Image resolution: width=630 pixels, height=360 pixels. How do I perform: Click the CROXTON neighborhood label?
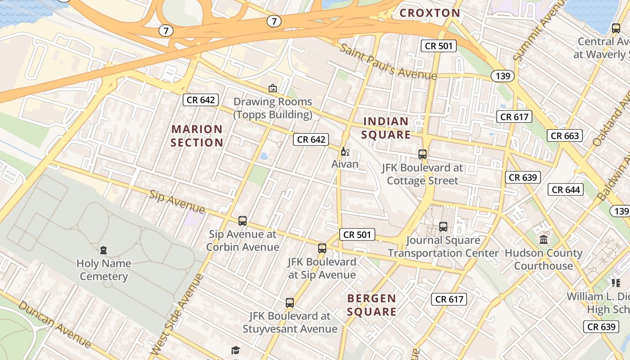[x=430, y=13]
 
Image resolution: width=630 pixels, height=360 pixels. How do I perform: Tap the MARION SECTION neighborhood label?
[x=197, y=136]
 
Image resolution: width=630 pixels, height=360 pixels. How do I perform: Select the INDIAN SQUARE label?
[x=387, y=128]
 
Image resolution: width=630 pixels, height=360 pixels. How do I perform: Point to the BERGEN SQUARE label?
[x=372, y=305]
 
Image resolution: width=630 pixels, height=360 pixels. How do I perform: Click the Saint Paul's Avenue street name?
[x=388, y=62]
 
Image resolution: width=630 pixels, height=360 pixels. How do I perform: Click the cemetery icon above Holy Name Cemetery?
[x=103, y=250]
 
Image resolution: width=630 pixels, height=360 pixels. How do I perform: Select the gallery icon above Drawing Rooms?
[x=272, y=88]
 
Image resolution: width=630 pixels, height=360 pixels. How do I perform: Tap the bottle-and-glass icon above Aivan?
[x=345, y=152]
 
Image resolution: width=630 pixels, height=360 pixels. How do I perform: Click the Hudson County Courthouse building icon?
[x=544, y=239]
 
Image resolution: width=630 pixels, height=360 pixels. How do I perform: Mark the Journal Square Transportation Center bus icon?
[x=443, y=227]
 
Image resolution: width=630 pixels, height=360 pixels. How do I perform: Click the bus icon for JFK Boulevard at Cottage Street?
[x=423, y=154]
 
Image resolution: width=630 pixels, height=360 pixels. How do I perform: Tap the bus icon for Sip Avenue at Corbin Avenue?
[x=243, y=220]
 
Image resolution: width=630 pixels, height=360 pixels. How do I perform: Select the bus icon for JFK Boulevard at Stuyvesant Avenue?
[x=290, y=302]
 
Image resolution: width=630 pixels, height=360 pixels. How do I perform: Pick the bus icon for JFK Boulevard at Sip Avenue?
[x=322, y=248]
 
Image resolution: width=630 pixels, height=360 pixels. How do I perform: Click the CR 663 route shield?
[x=565, y=135]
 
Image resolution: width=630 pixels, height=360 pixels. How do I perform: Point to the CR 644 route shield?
[x=566, y=189]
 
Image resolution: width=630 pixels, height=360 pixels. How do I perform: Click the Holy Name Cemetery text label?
[x=103, y=270]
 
